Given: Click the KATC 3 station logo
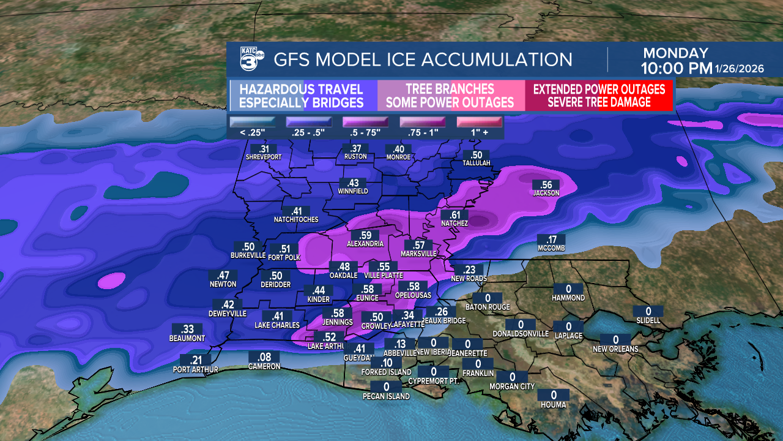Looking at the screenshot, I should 251,59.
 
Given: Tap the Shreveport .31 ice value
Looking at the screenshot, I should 264,149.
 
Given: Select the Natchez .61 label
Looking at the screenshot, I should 455,215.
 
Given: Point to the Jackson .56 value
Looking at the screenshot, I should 546,185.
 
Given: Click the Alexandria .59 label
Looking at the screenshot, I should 365,236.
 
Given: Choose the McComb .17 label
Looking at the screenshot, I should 551,240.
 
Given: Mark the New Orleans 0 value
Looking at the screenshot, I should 615,340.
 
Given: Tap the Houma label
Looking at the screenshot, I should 554,405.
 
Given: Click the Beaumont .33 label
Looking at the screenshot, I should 187,330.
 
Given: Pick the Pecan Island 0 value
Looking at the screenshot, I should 386,387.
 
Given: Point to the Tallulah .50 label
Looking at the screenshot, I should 477,156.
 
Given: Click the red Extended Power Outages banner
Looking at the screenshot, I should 599,96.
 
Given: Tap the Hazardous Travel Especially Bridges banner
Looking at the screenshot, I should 301,96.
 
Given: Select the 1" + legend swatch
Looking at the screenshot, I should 479,122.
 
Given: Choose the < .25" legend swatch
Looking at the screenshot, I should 251,122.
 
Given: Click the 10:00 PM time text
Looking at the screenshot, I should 677,68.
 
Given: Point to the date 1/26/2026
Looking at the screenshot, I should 741,69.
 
